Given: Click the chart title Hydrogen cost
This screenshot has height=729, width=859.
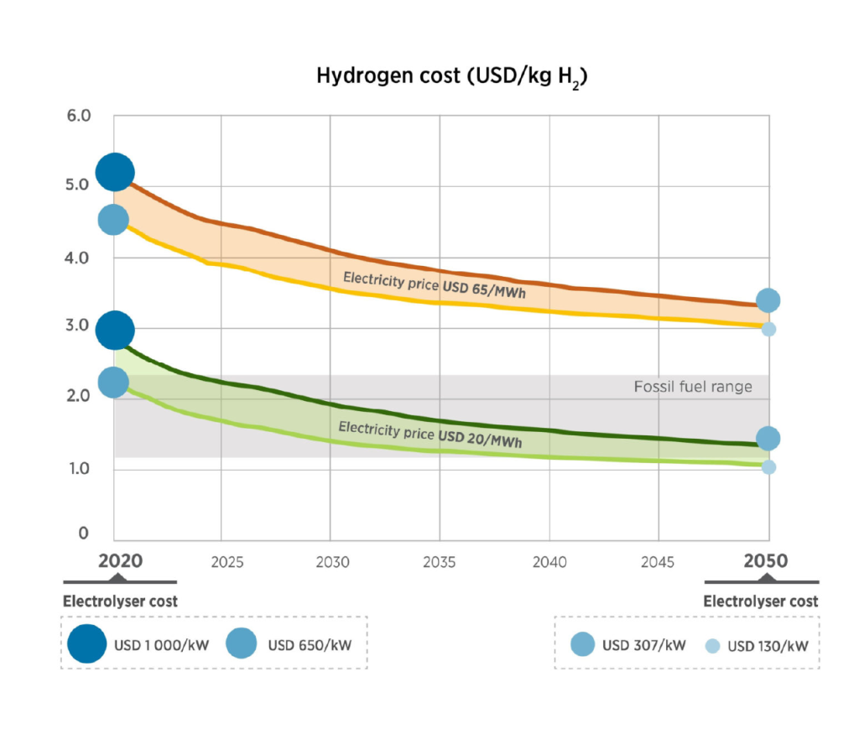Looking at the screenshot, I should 452,76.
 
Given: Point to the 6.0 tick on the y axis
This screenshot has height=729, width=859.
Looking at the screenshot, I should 78,115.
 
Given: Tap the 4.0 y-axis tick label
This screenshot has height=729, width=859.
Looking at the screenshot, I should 78,258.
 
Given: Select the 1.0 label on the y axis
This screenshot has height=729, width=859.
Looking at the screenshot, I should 78,468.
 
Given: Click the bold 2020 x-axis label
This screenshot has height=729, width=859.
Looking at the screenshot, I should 121,560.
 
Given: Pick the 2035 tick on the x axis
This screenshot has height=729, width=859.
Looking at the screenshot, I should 440,562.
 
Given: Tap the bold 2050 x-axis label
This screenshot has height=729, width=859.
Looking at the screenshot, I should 766,560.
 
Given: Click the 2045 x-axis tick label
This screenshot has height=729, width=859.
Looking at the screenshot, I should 657,562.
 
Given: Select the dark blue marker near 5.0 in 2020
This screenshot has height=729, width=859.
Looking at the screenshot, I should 115,173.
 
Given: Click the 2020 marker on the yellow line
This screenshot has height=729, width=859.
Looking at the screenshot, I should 113,220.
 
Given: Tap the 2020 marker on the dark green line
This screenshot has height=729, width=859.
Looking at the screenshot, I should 115,331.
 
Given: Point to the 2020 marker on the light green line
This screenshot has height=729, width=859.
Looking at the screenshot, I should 113,383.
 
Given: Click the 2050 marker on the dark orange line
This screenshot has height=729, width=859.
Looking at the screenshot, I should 768,300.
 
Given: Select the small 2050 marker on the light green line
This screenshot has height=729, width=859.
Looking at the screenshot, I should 768,466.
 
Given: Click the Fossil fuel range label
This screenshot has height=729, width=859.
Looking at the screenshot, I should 693,387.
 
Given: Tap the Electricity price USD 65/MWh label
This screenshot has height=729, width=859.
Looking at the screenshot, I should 435,285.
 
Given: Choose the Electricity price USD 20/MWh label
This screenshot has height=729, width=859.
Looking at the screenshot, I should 429,434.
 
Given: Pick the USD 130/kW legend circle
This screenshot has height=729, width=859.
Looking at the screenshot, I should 711,646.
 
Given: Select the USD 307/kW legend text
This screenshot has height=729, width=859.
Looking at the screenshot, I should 644,646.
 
